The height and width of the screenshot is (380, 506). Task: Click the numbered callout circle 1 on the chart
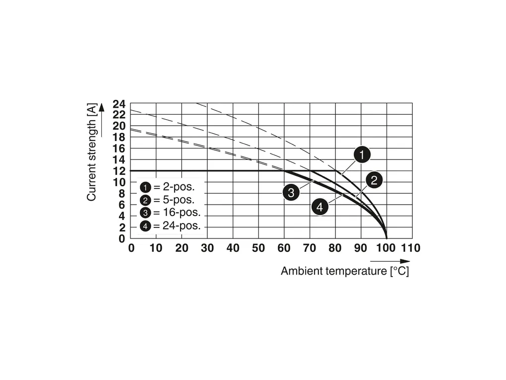(x=362, y=155)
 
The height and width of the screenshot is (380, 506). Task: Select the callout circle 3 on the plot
(x=291, y=192)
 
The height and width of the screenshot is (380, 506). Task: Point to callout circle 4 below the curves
(x=320, y=207)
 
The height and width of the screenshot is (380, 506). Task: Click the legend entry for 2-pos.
(x=168, y=187)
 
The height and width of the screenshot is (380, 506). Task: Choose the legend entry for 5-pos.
(x=168, y=200)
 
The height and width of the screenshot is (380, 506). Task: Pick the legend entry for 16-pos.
(x=170, y=213)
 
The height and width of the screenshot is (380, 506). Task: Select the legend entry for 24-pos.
(x=170, y=226)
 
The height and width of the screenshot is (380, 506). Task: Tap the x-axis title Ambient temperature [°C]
(x=345, y=271)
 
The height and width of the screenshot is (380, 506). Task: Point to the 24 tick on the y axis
(x=119, y=104)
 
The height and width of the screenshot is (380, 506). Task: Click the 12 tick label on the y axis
(x=119, y=171)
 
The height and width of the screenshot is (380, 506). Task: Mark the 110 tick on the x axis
(x=411, y=248)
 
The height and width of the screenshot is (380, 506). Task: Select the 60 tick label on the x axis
(x=284, y=248)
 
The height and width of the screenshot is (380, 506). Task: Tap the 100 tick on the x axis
(x=385, y=248)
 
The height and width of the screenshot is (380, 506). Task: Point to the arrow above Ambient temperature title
(x=390, y=261)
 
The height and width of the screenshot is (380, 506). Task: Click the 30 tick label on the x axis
(x=207, y=248)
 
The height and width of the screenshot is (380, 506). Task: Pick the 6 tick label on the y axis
(x=122, y=205)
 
